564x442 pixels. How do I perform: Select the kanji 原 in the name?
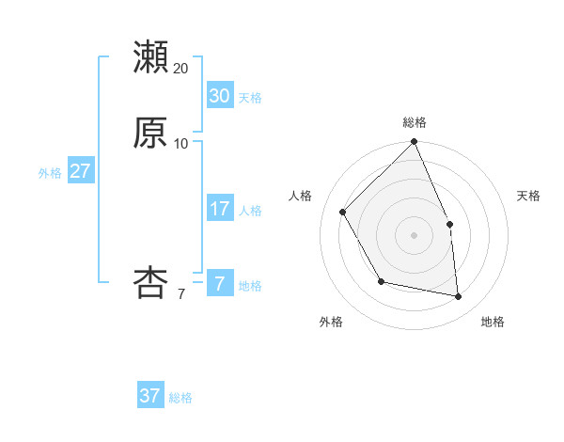pyautogui.click(x=150, y=132)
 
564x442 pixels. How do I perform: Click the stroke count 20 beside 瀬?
pyautogui.click(x=181, y=68)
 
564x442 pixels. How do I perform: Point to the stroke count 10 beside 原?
pyautogui.click(x=181, y=144)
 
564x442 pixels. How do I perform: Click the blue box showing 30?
pyautogui.click(x=219, y=95)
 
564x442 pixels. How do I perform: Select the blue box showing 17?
pyautogui.click(x=219, y=209)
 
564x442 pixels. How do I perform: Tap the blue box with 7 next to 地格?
pyautogui.click(x=219, y=283)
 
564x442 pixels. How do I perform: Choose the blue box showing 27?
pyautogui.click(x=80, y=171)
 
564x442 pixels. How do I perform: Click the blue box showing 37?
pyautogui.click(x=150, y=396)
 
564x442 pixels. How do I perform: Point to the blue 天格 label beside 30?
pyautogui.click(x=250, y=98)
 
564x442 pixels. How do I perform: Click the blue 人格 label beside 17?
pyautogui.click(x=250, y=211)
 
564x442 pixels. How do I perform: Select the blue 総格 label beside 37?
pyautogui.click(x=180, y=398)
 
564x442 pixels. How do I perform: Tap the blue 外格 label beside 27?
pyautogui.click(x=50, y=173)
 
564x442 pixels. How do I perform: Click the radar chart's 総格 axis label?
pyautogui.click(x=415, y=122)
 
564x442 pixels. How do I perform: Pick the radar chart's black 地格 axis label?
pyautogui.click(x=493, y=322)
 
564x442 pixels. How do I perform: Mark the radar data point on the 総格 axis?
pyautogui.click(x=415, y=142)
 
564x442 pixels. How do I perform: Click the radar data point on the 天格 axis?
pyautogui.click(x=449, y=224)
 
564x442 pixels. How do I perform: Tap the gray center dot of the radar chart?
pyautogui.click(x=415, y=235)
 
